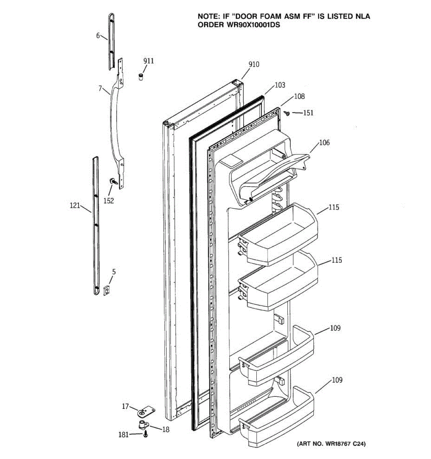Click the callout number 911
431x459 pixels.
(x=148, y=61)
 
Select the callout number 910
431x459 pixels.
(x=254, y=64)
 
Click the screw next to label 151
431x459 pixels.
(x=287, y=112)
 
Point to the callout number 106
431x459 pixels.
(x=324, y=143)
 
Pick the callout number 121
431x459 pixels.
(x=75, y=206)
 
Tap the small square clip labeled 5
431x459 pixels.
(x=107, y=291)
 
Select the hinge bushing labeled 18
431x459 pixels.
(x=144, y=424)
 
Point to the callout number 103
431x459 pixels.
(x=280, y=85)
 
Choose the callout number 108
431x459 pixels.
(x=299, y=96)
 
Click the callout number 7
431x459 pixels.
(x=100, y=89)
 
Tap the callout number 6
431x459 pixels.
(x=98, y=36)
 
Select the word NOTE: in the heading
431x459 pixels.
(x=209, y=17)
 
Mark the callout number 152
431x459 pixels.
(x=109, y=201)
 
